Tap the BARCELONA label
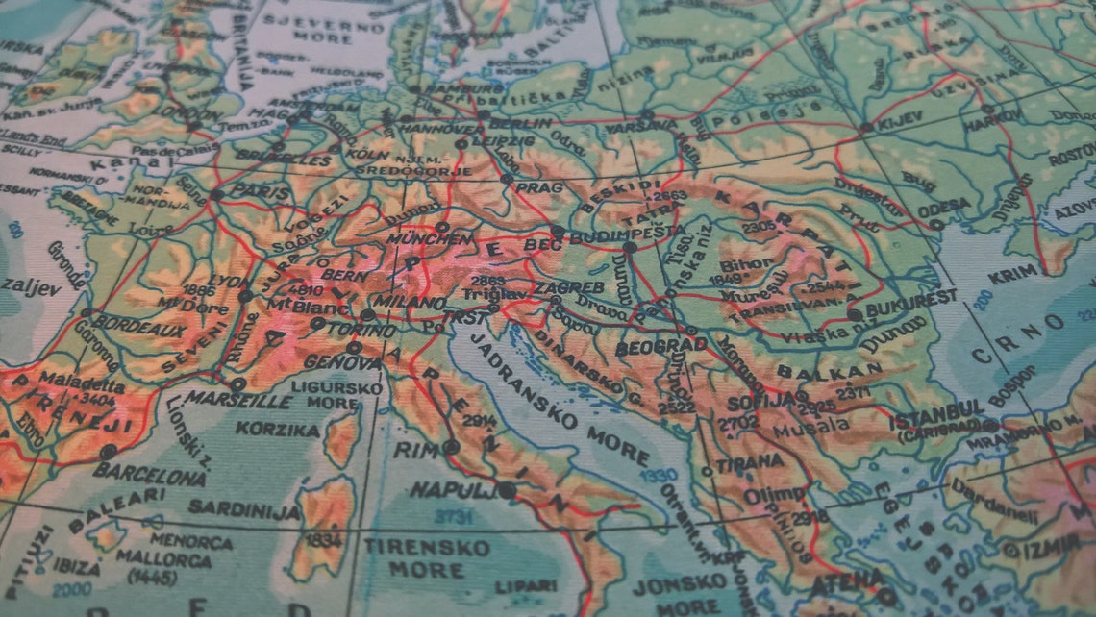(151, 474)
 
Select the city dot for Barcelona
(109, 451)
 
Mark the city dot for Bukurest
(855, 314)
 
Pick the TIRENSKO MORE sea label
(426, 557)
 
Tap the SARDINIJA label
(244, 509)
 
